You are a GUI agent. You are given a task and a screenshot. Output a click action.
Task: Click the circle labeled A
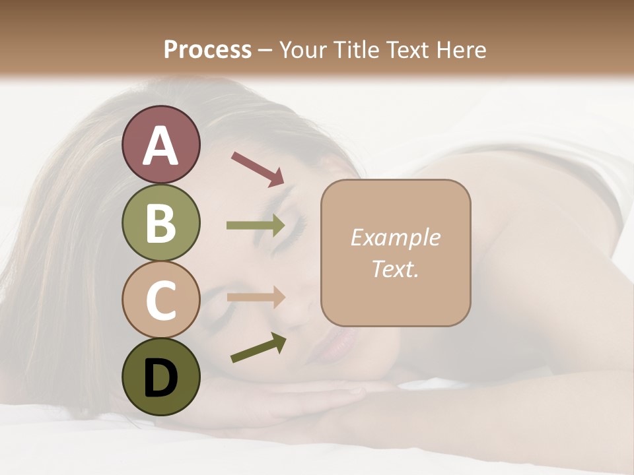coord(160,144)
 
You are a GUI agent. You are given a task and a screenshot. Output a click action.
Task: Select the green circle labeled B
coord(160,223)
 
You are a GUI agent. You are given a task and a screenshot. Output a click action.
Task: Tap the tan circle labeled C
coord(160,300)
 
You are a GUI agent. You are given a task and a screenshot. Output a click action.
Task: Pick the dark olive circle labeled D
coord(160,377)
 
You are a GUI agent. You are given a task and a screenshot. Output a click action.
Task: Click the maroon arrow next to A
coord(258,169)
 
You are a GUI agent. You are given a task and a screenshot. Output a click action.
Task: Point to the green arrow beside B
coord(256,226)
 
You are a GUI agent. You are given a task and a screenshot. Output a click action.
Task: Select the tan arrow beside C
coord(256,298)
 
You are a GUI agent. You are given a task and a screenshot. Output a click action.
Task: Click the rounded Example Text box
coord(396,253)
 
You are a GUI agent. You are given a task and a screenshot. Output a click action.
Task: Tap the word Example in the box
coord(395,237)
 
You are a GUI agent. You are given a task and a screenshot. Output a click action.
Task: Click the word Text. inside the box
coord(395,269)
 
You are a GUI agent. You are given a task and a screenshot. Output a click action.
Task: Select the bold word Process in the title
coord(207,49)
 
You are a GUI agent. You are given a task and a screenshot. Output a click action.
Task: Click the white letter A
coord(160,146)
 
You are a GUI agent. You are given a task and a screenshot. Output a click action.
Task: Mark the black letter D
coord(160,378)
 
